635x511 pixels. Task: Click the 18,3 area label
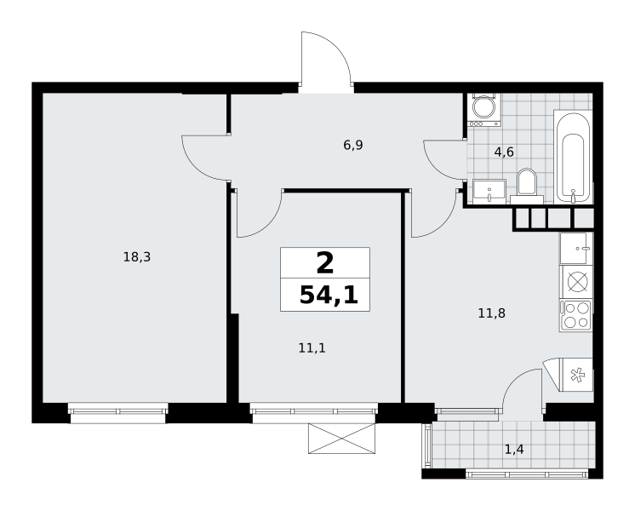click(137, 257)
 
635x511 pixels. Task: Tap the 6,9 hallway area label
click(353, 145)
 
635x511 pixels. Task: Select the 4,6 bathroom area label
click(504, 152)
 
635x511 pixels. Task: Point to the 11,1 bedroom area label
click(312, 347)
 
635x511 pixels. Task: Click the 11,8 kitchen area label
click(492, 313)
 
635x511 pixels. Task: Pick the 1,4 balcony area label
click(514, 449)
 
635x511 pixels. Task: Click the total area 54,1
click(329, 295)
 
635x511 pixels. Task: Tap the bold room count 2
click(325, 263)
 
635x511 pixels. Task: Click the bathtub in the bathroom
click(573, 157)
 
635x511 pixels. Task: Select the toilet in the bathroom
click(526, 186)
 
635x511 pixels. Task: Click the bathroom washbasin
click(489, 192)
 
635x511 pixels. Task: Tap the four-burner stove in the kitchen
click(575, 315)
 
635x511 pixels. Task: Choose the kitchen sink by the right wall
click(576, 248)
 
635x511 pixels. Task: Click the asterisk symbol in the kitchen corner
click(576, 375)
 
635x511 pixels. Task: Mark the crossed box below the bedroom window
click(342, 438)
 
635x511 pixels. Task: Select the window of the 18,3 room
click(117, 412)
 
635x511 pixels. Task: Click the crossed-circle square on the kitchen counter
click(576, 282)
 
